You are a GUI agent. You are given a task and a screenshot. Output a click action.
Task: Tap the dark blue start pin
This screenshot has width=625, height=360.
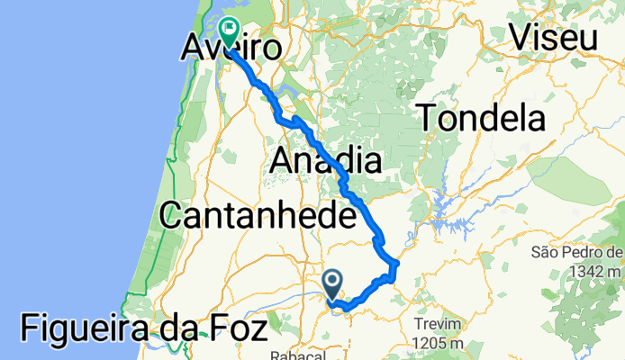pyautogui.click(x=331, y=284)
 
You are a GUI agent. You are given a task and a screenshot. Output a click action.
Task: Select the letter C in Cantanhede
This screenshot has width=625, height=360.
pyautogui.click(x=174, y=216)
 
